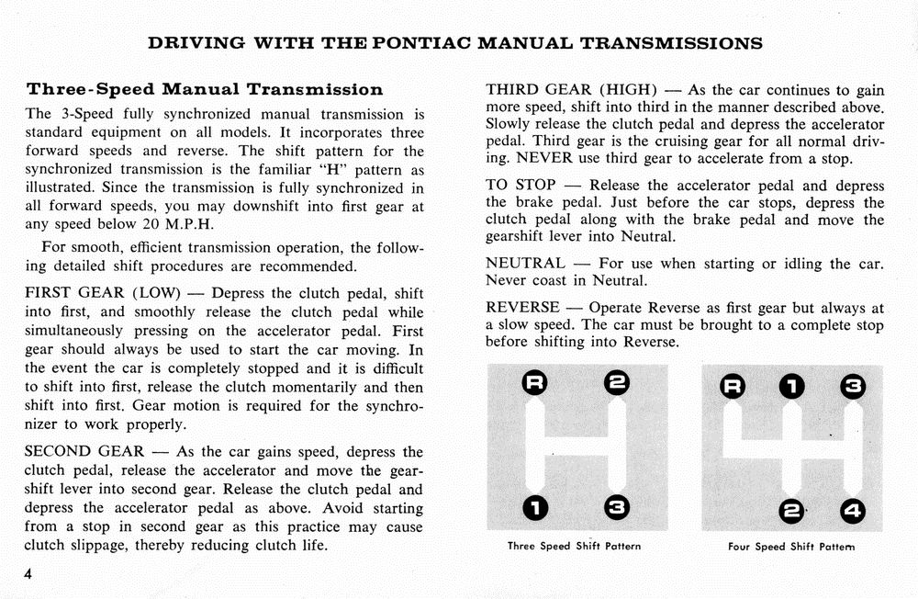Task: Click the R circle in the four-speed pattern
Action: pos(733,384)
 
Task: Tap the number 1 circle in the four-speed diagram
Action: pos(791,384)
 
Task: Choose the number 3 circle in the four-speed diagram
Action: pos(852,384)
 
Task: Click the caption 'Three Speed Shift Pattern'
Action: pos(574,547)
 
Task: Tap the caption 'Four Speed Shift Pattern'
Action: pos(790,547)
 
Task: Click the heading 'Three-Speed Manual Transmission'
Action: pos(205,90)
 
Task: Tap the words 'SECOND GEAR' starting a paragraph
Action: pos(84,452)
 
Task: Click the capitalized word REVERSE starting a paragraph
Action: pos(522,307)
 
